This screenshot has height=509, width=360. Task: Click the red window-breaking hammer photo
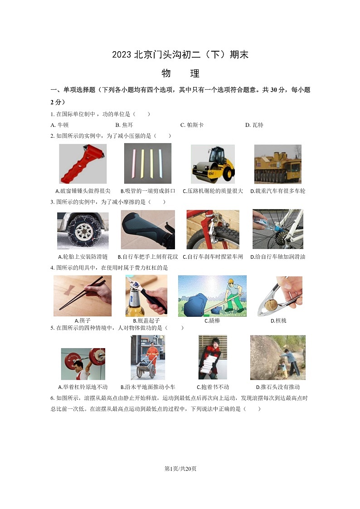(x=83, y=164)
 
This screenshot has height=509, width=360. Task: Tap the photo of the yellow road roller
(x=213, y=164)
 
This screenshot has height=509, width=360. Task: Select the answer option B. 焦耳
(x=124, y=125)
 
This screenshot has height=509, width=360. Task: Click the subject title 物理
(x=180, y=73)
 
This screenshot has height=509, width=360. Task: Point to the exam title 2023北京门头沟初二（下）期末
(x=180, y=55)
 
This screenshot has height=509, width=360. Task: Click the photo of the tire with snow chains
(x=83, y=230)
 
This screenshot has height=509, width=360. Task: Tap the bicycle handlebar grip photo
(x=148, y=229)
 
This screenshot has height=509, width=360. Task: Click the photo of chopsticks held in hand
(x=83, y=296)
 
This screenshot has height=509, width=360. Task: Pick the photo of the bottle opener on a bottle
(x=146, y=296)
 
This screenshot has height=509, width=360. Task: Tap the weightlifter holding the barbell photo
(x=83, y=364)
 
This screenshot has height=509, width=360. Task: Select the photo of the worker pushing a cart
(x=148, y=357)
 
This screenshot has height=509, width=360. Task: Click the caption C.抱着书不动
(x=213, y=387)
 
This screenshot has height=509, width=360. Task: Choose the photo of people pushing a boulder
(x=277, y=357)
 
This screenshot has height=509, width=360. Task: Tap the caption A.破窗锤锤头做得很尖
(x=83, y=191)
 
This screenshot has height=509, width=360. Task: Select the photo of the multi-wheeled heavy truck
(x=277, y=164)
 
